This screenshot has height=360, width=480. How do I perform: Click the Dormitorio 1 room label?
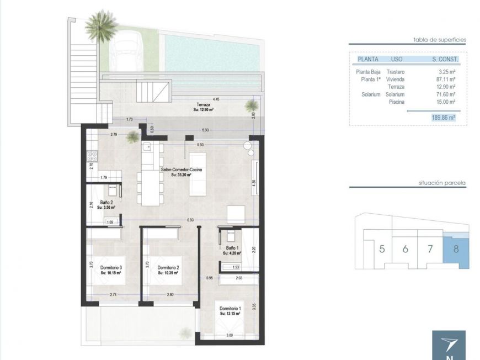pos(229,309)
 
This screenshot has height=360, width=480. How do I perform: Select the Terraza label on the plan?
pos(205,104)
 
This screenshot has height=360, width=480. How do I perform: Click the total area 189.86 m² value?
pos(443,118)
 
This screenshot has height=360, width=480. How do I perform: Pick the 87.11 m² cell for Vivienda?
pos(444,79)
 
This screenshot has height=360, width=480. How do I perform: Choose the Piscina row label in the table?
pos(396,102)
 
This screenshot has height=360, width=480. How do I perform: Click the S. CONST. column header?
pos(445,59)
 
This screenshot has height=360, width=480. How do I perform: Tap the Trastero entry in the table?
pos(396,71)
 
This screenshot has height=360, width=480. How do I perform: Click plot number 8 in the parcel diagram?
pos(456,248)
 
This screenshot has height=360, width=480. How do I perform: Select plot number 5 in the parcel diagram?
pos(382,248)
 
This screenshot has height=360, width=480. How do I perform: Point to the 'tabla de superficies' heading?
pos(440,40)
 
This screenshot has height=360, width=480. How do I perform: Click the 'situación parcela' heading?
pos(442,182)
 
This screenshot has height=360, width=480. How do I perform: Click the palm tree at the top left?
pos(100,25)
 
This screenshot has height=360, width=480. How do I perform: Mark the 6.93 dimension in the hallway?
pos(191,220)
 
